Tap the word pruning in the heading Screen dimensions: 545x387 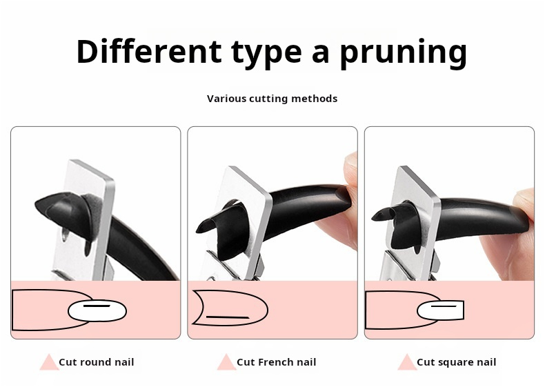tap(403, 53)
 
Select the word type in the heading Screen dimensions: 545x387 tap(266, 53)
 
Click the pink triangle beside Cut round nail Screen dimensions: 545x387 tap(49, 362)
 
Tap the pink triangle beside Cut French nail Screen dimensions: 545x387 tap(226, 362)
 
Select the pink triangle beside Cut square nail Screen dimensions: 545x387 tap(407, 362)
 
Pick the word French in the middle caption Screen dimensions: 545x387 tap(275, 362)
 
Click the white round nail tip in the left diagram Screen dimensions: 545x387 tap(97, 311)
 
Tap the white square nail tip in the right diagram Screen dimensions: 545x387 tap(440, 310)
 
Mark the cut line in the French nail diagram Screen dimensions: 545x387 tap(228, 317)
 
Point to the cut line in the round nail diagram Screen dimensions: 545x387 tap(97, 306)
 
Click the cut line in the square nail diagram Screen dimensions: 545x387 tap(444, 306)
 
